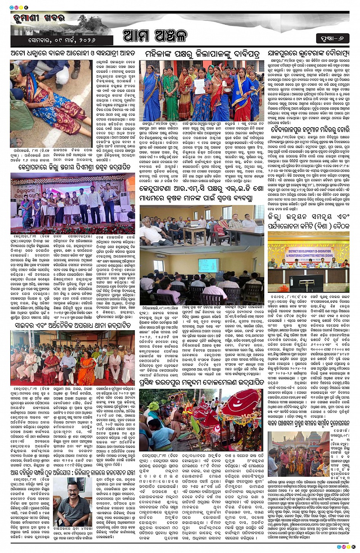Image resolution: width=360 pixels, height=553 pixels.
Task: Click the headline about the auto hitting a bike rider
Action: (x=72, y=53)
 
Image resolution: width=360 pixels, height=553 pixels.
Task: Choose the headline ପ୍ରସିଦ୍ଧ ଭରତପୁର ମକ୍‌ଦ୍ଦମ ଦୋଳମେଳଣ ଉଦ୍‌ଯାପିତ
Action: (x=202, y=382)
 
